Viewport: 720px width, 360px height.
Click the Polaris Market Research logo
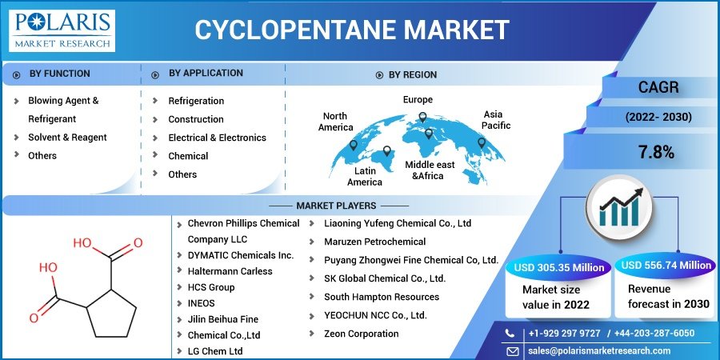pos(62,30)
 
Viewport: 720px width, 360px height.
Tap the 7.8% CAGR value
pos(656,152)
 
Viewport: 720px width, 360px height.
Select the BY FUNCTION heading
pos(60,74)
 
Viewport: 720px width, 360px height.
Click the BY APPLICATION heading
pos(206,73)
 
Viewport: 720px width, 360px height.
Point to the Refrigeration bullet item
pos(196,101)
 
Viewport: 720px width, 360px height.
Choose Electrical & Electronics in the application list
pos(217,138)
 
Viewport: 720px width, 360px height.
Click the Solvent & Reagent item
pos(67,138)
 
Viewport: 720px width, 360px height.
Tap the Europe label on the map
pos(418,100)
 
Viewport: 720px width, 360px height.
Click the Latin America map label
pos(365,177)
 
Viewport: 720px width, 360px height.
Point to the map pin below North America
pos(353,146)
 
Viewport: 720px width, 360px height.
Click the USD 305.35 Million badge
pos(558,268)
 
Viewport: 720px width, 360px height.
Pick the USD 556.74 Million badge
pos(666,266)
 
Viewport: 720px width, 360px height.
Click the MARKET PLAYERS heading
pos(336,206)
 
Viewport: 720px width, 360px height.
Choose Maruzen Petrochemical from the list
pos(374,242)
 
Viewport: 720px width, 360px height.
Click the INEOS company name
pos(201,303)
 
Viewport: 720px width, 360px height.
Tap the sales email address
pos(599,350)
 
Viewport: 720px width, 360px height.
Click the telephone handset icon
pos(510,334)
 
